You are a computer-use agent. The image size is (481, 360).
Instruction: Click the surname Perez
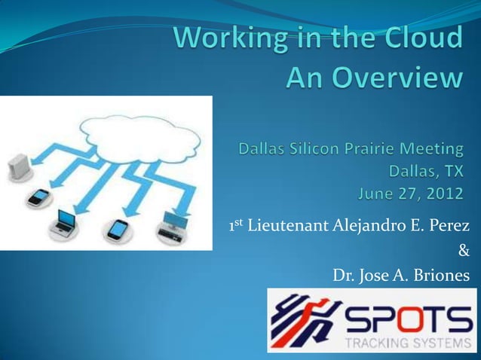pyautogui.click(x=448, y=227)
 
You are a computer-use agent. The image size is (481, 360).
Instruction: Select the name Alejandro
pyautogui.click(x=365, y=227)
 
